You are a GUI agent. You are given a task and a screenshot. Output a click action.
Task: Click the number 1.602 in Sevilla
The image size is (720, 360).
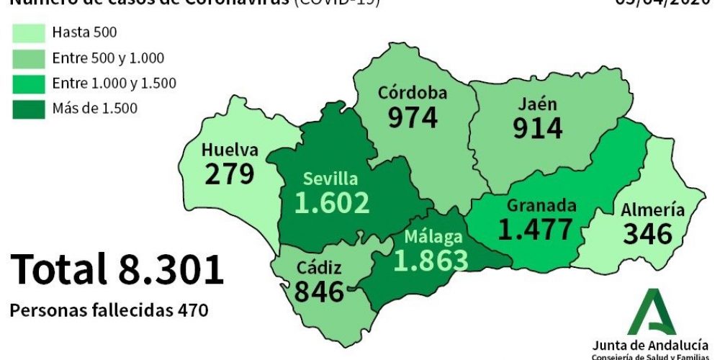(332, 202)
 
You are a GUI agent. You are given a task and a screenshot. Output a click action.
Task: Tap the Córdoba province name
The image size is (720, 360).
(413, 93)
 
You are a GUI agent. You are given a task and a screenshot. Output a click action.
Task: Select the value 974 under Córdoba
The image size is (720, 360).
(413, 117)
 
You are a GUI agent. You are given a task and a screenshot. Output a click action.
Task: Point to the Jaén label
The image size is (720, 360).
(538, 104)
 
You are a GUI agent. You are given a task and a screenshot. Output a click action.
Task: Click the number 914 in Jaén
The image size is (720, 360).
(538, 128)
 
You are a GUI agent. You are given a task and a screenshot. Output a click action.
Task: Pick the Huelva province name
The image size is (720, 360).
(230, 150)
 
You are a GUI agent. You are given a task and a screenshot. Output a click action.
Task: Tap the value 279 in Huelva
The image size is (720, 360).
(230, 175)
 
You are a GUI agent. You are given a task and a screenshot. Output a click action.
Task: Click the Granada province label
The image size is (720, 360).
(541, 206)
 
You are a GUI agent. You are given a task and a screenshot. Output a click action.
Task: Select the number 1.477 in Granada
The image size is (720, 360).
(536, 229)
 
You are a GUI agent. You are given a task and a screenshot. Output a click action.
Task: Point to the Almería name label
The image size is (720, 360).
(653, 210)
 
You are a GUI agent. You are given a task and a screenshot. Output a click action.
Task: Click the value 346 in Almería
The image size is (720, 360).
(647, 234)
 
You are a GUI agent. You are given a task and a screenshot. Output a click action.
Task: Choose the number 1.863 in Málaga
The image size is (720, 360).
(431, 261)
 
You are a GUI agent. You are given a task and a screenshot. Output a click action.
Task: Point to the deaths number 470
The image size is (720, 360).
(194, 310)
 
